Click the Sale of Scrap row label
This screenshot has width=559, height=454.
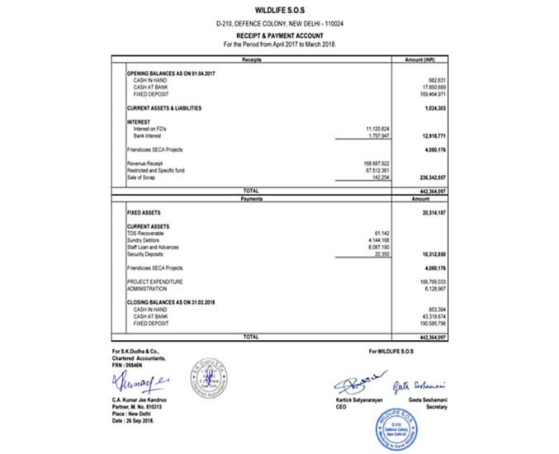142,177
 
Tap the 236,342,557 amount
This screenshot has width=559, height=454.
431,177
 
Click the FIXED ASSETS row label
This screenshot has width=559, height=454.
143,212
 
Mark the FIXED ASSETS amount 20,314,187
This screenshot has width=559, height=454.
432,212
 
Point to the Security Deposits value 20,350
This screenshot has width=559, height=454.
381,253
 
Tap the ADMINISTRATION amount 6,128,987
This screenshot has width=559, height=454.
433,288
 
